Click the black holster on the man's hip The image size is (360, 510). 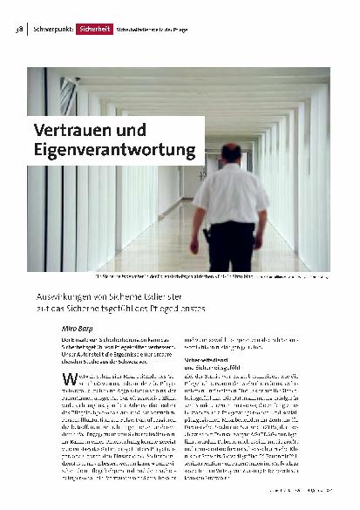[207, 235]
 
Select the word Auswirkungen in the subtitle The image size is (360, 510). [69, 296]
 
